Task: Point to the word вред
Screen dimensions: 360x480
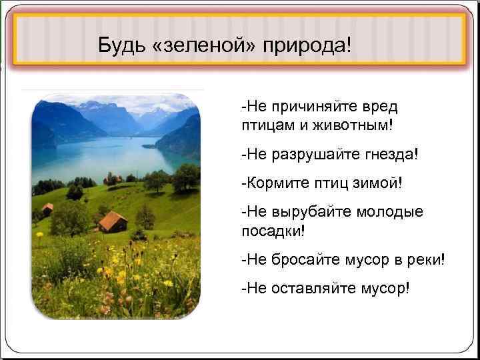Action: click(x=380, y=107)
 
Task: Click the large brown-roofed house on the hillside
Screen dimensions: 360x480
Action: click(x=113, y=221)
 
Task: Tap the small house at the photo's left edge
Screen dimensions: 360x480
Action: click(x=47, y=209)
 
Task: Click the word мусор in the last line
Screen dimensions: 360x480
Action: click(x=385, y=288)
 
